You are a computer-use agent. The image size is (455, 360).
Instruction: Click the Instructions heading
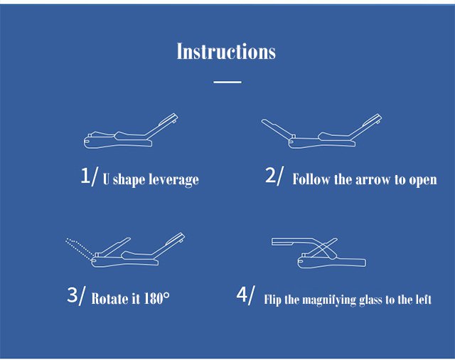[x=226, y=51]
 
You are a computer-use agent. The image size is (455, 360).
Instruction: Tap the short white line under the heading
[x=227, y=82]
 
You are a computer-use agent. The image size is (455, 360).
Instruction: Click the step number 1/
[x=90, y=176]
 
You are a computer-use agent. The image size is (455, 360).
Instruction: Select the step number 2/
[x=274, y=176]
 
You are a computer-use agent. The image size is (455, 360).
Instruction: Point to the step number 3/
[x=77, y=295]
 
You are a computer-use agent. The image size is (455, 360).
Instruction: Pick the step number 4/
[x=246, y=295]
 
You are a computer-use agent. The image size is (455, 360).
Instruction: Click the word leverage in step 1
[x=173, y=180]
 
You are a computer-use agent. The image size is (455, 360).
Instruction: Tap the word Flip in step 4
[x=272, y=300]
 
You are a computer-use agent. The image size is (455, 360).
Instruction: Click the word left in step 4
[x=424, y=300]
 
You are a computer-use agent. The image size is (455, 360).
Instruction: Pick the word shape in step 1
[x=129, y=180]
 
